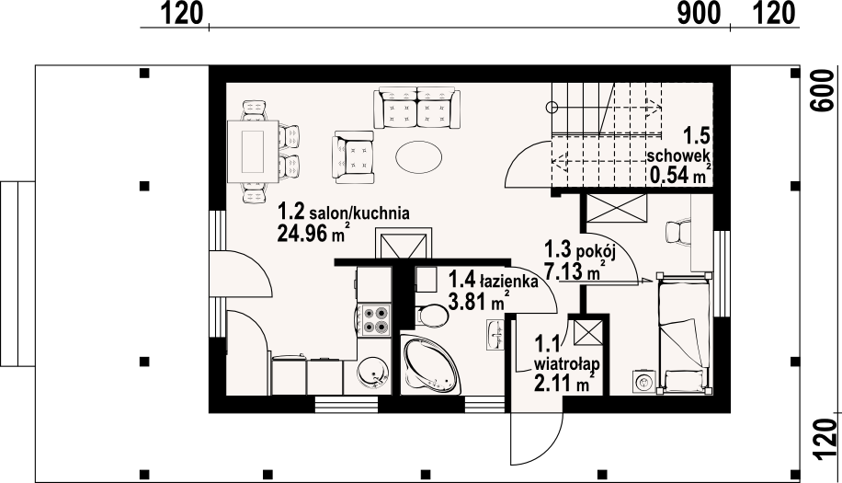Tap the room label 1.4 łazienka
(493, 281)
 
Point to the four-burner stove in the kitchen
(374, 319)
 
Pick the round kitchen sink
(371, 373)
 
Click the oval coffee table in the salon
(419, 157)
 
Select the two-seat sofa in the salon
(417, 108)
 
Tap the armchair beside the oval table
(353, 156)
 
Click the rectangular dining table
(253, 152)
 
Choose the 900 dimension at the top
(699, 13)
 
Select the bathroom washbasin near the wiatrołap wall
(495, 334)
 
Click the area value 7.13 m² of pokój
(575, 270)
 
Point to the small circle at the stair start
(551, 108)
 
